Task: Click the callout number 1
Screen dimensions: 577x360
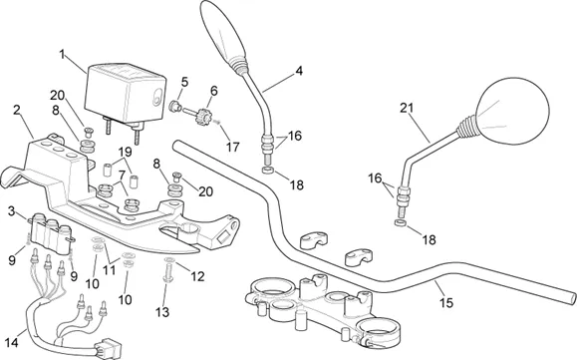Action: [62, 54]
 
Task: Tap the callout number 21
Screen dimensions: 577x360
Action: [407, 108]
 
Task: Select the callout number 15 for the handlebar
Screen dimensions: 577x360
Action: [446, 303]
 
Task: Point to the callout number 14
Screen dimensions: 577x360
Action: [11, 343]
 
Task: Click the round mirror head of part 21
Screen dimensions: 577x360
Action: [511, 110]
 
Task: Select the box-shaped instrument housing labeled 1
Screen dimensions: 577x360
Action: [126, 94]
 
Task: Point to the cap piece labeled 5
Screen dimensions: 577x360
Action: [174, 107]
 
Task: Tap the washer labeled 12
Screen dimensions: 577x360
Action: [169, 260]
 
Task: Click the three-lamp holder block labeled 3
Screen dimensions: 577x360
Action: [52, 233]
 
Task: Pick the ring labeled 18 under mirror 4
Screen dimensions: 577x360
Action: [268, 171]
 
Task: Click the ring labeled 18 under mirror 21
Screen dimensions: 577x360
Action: [400, 222]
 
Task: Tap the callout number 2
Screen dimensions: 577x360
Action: [16, 110]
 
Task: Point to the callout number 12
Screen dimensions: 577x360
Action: [197, 276]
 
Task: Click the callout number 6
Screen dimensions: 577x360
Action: [214, 91]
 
